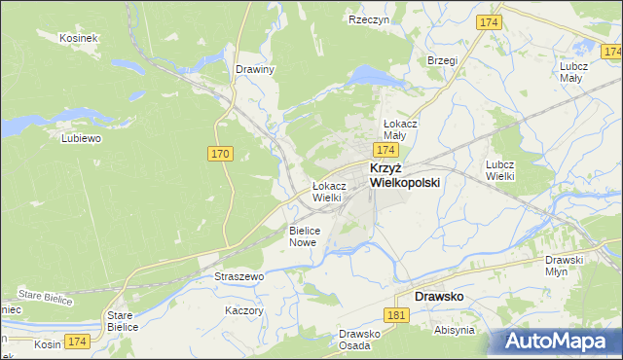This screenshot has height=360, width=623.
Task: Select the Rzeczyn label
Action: click(x=369, y=18)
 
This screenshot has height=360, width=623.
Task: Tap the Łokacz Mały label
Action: click(x=400, y=130)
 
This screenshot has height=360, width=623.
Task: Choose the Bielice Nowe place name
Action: click(x=303, y=236)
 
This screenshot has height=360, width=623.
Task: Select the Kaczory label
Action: click(x=244, y=310)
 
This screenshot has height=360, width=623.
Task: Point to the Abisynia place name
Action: click(x=455, y=330)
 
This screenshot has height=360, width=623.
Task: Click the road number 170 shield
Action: click(x=220, y=154)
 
